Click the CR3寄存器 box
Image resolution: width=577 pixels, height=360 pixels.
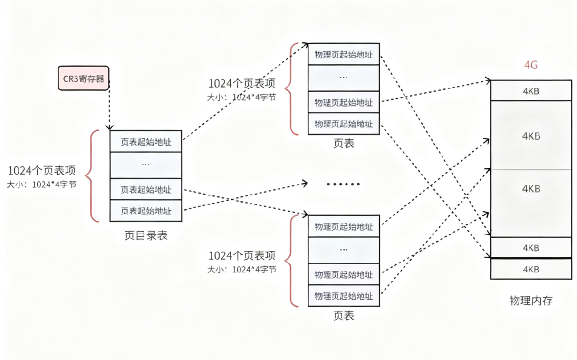84,78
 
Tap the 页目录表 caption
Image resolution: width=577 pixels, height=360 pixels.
146,235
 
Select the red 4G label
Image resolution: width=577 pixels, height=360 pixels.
530,65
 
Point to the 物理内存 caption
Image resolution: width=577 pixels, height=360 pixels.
531,301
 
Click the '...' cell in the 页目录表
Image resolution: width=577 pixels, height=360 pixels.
145,165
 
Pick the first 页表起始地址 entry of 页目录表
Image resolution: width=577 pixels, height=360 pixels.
145,142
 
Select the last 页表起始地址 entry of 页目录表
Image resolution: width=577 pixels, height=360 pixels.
145,211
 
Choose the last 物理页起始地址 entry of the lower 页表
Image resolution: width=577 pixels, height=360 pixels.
344,296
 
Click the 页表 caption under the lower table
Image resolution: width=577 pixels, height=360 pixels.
344,316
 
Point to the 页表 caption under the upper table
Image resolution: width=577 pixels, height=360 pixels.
344,144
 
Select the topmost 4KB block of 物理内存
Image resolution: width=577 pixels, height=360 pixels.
531,91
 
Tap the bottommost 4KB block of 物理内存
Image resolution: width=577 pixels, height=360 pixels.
531,269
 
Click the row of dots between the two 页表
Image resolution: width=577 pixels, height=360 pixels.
344,184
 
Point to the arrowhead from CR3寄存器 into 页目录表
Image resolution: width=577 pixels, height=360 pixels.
110,127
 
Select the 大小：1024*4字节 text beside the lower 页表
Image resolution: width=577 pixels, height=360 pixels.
241,269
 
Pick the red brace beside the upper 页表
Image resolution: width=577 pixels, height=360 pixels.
291,88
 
